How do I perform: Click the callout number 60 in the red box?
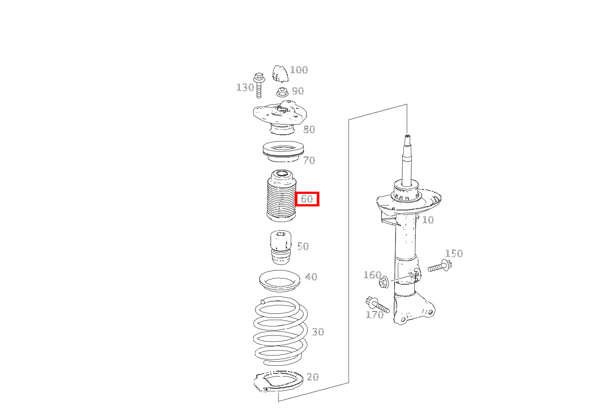click(x=307, y=199)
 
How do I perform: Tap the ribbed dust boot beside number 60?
click(x=281, y=197)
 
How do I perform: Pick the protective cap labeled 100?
click(x=280, y=73)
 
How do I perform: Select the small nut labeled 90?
click(x=282, y=92)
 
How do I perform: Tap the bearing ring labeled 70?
click(x=283, y=151)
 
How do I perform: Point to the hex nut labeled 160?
click(x=383, y=283)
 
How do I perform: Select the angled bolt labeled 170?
click(x=378, y=305)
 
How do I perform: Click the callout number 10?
click(x=428, y=220)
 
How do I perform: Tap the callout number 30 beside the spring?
click(x=318, y=332)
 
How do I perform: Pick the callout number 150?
click(x=453, y=253)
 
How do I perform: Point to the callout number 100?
click(x=299, y=70)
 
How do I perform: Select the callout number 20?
click(x=313, y=377)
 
